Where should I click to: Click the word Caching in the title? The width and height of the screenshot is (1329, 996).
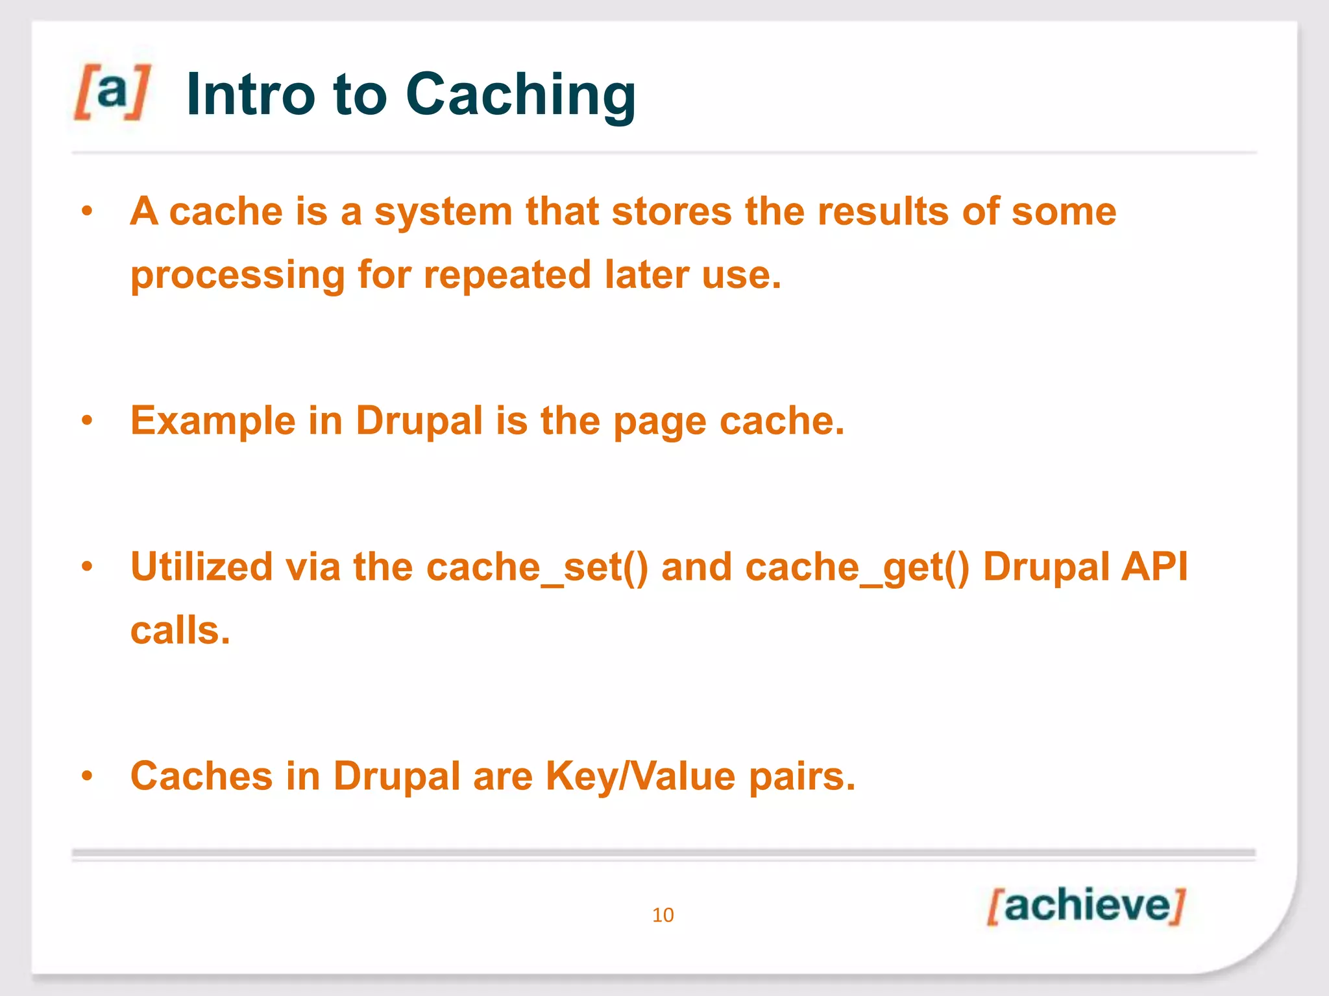[520, 95]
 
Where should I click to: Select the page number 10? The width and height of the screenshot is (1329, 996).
[663, 915]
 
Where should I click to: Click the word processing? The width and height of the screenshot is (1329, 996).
[238, 275]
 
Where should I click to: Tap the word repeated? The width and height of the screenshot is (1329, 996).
[507, 274]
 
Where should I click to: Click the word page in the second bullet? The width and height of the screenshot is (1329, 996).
[659, 421]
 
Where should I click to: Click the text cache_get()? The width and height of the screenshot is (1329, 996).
[857, 567]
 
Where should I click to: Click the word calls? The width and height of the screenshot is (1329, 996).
[180, 630]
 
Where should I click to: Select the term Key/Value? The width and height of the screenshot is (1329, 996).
[640, 776]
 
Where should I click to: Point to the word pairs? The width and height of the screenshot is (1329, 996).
[802, 776]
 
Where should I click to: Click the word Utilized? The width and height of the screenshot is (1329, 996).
[201, 566]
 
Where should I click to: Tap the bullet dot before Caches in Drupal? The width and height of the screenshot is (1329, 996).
[88, 776]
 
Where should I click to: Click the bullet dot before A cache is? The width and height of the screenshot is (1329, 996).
[88, 211]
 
